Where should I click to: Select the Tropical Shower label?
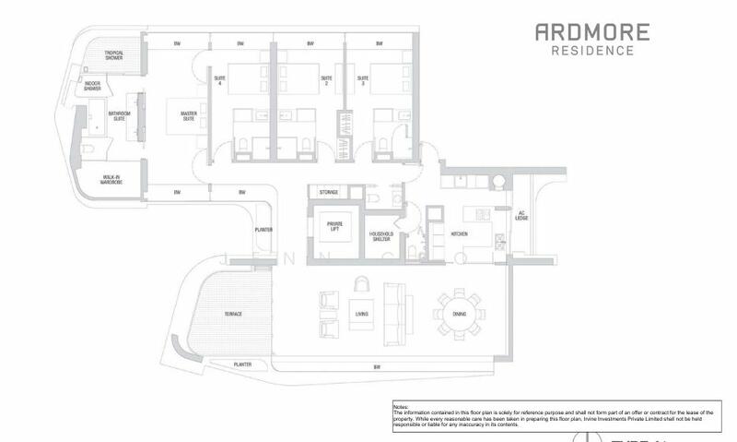click(x=114, y=55)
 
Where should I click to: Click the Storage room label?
click(x=329, y=192)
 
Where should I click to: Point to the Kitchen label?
click(x=460, y=234)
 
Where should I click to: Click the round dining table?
click(x=459, y=314)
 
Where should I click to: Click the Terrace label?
click(x=232, y=314)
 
